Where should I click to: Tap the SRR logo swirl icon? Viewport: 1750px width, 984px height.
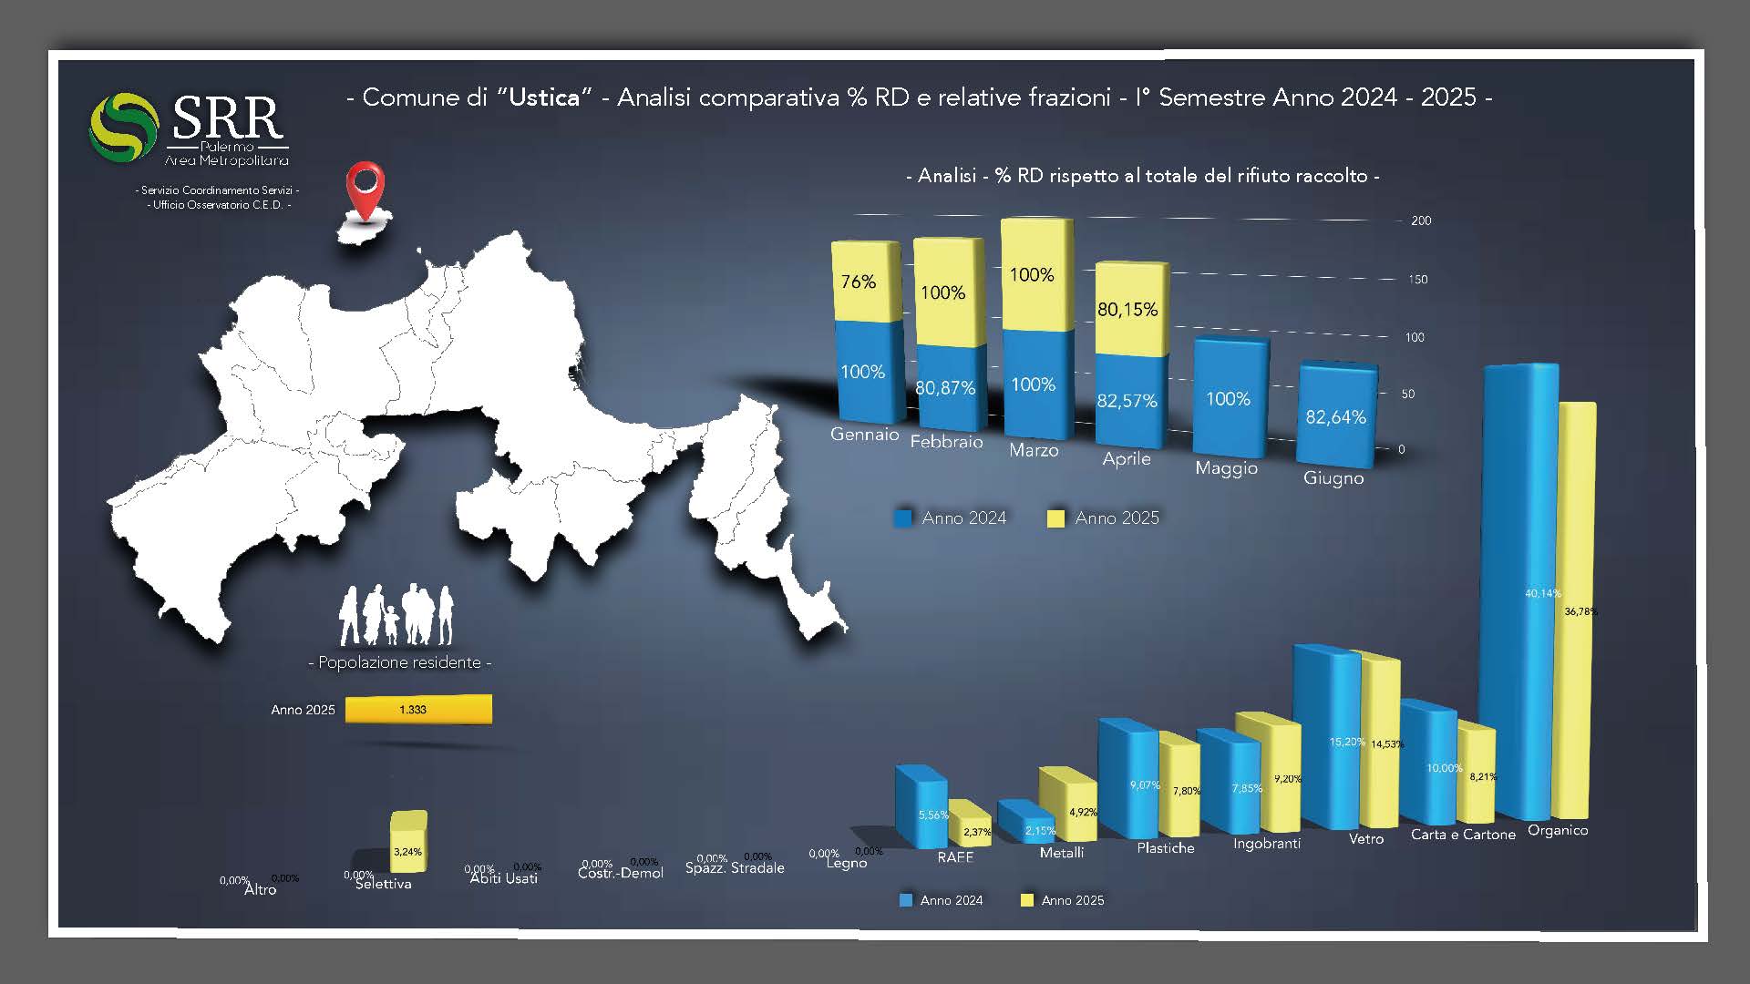point(124,127)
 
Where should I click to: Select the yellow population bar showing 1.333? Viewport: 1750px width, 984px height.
point(417,709)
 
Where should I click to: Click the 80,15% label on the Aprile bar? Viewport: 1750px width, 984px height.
point(1127,310)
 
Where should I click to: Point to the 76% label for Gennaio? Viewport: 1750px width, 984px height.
point(858,282)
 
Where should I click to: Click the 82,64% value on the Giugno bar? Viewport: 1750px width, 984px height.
point(1335,417)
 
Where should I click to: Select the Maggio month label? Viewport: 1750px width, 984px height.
point(1226,468)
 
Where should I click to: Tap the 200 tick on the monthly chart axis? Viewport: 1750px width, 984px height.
point(1421,220)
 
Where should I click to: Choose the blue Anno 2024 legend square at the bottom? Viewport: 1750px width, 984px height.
point(906,900)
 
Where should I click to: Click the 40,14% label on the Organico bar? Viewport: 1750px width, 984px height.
point(1542,593)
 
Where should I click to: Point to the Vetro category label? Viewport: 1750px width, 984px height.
point(1365,839)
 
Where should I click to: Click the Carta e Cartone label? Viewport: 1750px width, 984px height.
point(1462,835)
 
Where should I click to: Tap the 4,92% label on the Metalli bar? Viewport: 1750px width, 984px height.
point(1082,812)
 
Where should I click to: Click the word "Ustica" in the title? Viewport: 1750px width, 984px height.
point(545,97)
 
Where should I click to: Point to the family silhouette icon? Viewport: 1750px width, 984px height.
point(396,615)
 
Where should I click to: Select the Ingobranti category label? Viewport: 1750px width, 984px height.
point(1266,844)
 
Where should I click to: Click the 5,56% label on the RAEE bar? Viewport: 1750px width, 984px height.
point(933,815)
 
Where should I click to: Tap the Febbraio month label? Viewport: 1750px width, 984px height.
point(946,442)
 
